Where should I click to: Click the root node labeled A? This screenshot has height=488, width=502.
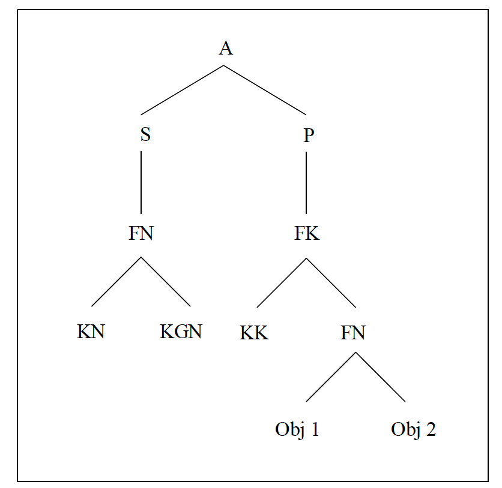[225, 49]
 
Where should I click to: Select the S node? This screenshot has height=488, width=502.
[145, 135]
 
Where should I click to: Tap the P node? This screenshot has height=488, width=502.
[308, 135]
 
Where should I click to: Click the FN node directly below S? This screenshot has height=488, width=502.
[141, 233]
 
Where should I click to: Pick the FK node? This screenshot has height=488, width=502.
[306, 233]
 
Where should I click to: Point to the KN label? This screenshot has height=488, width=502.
[91, 332]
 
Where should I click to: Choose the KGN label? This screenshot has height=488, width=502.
[181, 332]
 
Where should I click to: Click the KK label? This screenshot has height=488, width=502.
[254, 333]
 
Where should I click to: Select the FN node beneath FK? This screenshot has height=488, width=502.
[352, 332]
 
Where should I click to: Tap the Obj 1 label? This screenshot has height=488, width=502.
[297, 430]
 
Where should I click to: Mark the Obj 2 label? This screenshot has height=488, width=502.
[413, 430]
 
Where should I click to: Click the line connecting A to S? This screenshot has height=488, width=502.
[183, 90]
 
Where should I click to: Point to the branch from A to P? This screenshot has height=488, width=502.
[265, 90]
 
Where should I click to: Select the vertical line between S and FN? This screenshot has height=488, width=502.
[141, 182]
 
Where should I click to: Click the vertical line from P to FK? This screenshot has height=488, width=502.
[306, 182]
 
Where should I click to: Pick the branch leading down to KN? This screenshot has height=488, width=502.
[116, 282]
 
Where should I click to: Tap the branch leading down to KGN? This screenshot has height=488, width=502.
[166, 282]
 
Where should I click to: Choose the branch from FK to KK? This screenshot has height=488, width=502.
[282, 283]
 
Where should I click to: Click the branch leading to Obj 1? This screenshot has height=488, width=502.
[331, 376]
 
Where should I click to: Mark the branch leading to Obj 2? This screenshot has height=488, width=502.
[380, 376]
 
